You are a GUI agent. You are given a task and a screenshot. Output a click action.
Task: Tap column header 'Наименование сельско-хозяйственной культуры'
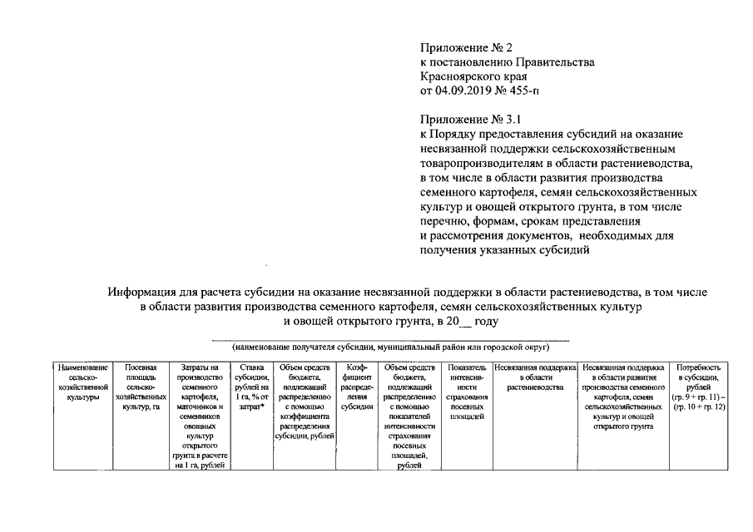pos(81,382)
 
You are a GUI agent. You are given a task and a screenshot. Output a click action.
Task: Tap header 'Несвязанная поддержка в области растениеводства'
pos(535,377)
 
